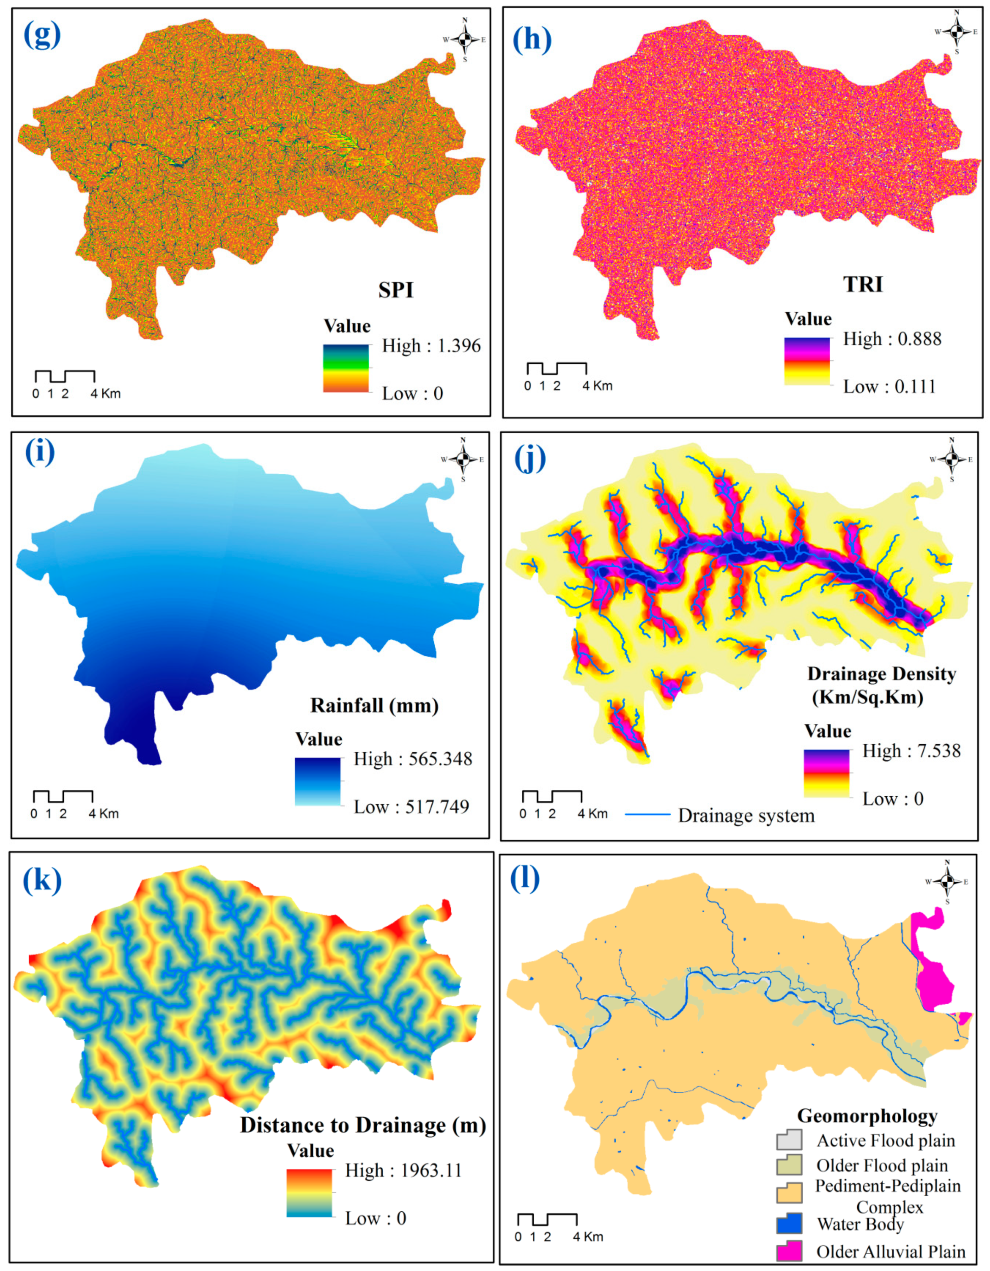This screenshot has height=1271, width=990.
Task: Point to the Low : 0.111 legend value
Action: (889, 386)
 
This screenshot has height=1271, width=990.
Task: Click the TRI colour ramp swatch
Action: (807, 360)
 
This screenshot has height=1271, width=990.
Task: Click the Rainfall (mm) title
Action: (374, 705)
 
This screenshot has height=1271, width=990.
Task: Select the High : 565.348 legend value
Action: (412, 759)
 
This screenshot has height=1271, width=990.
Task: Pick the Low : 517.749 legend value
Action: (411, 806)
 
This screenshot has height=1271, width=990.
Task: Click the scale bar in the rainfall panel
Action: (63, 796)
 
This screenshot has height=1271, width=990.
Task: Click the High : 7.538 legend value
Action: (911, 751)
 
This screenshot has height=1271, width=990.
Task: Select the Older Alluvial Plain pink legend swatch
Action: (789, 1251)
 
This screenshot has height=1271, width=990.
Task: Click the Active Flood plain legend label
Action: (885, 1141)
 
